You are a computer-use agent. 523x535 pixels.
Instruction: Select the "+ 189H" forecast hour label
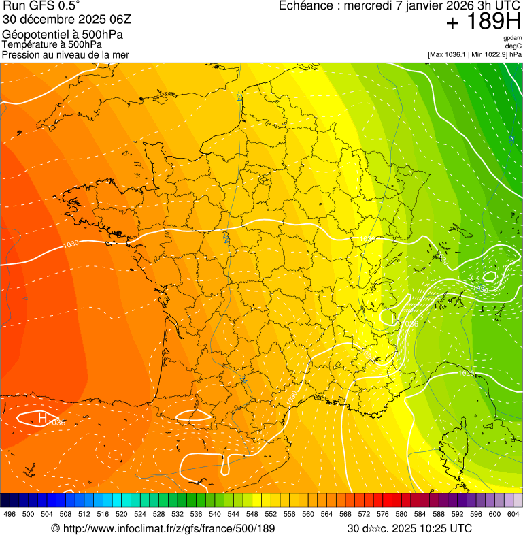coord(483,22)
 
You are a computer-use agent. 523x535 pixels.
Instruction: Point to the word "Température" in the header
coord(27,44)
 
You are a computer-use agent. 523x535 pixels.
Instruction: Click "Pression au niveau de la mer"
coord(65,54)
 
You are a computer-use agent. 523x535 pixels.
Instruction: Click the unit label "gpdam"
coord(512,38)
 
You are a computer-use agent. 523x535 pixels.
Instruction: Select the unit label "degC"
coord(513,46)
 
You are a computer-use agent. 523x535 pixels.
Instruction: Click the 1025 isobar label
coord(465,373)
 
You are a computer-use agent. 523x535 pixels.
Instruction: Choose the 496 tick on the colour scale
coord(10,515)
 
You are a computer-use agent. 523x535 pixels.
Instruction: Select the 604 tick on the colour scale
coord(513,515)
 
